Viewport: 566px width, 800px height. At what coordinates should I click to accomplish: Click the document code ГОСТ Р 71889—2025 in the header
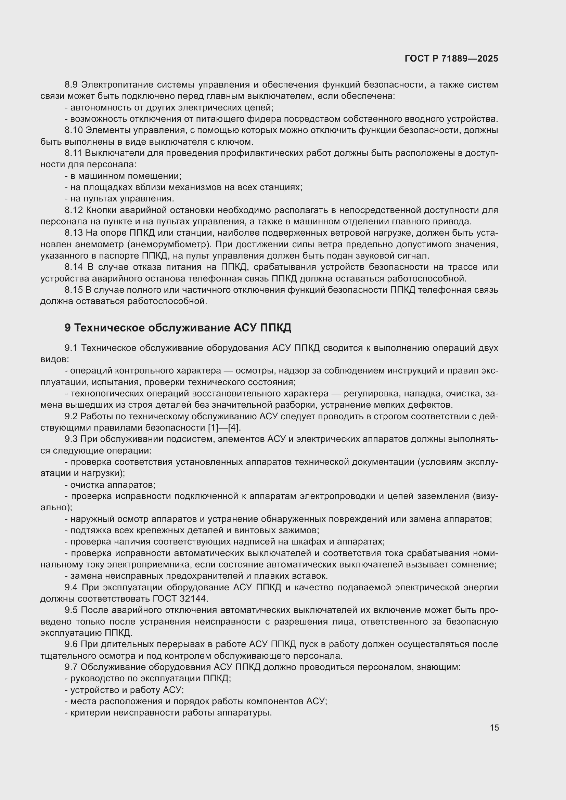(x=451, y=58)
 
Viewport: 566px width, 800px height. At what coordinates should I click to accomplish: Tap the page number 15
(x=494, y=727)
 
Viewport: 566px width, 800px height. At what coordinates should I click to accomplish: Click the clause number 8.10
(x=73, y=130)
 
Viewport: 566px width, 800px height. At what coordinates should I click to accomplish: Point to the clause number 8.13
(x=74, y=233)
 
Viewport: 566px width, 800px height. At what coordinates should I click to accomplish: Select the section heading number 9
(x=68, y=328)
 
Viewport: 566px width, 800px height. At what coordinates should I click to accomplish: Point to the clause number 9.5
(x=71, y=610)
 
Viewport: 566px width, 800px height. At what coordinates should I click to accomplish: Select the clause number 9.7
(x=71, y=667)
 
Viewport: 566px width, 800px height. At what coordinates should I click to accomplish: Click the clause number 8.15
(x=74, y=290)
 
